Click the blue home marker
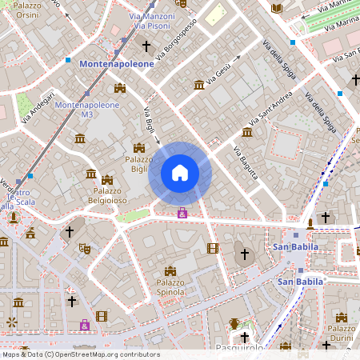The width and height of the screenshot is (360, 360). pyautogui.click(x=180, y=173)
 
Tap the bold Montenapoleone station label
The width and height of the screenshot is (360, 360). pyautogui.click(x=117, y=63)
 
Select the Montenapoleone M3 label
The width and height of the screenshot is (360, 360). pyautogui.click(x=87, y=110)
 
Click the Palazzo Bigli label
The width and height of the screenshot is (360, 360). pyautogui.click(x=139, y=164)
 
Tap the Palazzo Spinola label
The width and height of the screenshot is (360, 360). pyautogui.click(x=170, y=288)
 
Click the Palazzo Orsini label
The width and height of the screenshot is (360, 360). pyautogui.click(x=26, y=9)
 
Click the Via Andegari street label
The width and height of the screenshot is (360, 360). pyautogui.click(x=38, y=108)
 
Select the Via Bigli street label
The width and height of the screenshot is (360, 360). pyautogui.click(x=149, y=120)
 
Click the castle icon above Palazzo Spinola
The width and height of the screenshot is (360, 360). pyautogui.click(x=170, y=271)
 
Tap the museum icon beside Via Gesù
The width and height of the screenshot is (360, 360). pyautogui.click(x=199, y=85)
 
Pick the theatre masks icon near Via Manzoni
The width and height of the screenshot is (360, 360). pyautogui.click(x=182, y=4)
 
